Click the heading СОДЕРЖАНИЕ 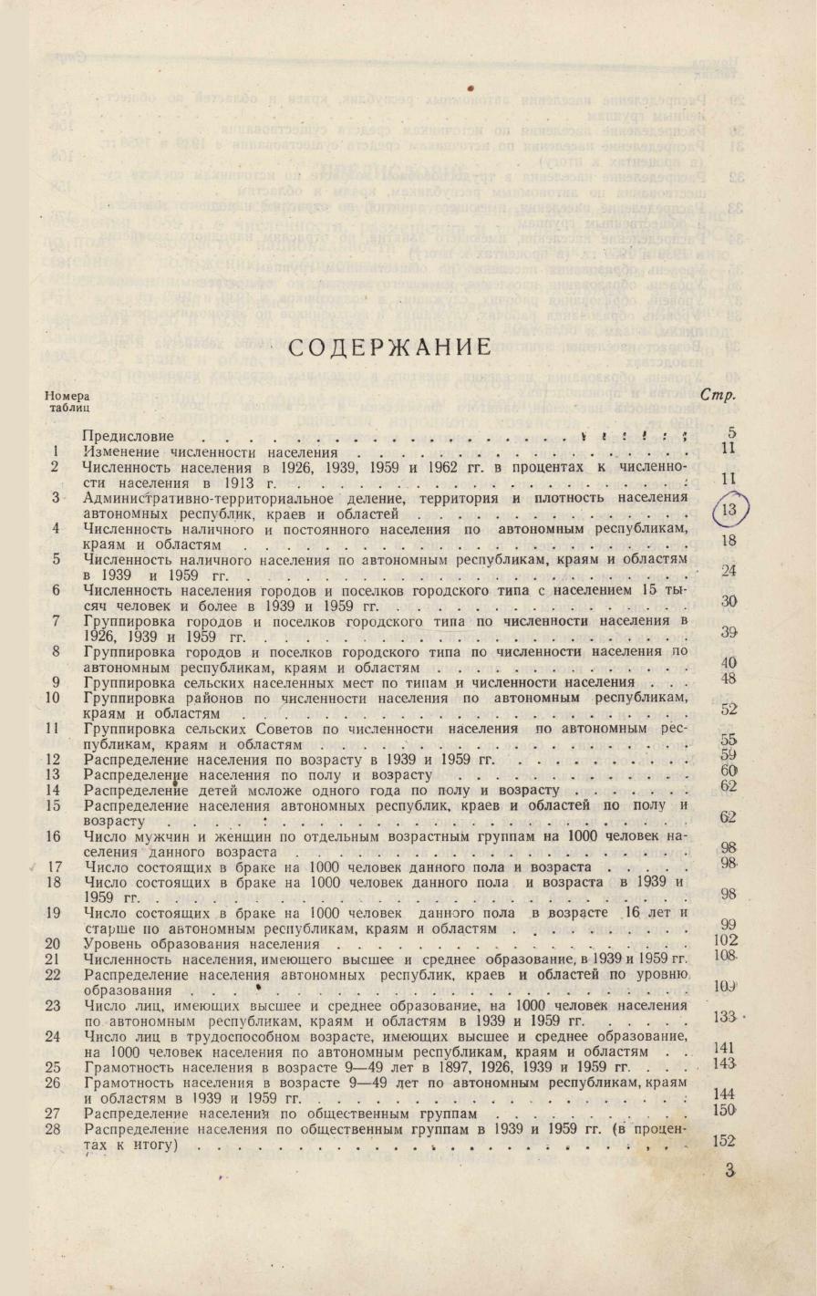coord(389,347)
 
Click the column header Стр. coord(718,396)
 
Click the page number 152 coord(726,1141)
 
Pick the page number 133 coord(726,1017)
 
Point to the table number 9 coord(56,682)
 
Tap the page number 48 coord(728,679)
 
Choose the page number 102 coord(726,941)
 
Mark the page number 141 coord(726,1049)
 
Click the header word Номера coord(67,396)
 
